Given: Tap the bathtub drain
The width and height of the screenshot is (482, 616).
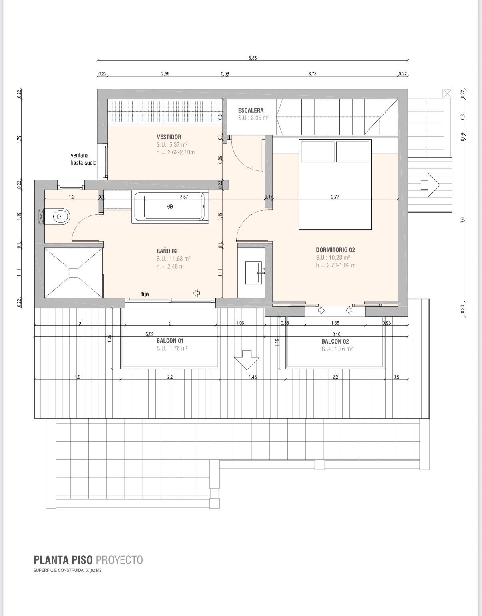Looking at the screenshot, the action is click(170, 207).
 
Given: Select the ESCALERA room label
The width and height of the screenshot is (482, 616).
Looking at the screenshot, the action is click(251, 110).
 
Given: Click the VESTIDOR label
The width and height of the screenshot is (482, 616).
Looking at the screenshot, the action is click(169, 137).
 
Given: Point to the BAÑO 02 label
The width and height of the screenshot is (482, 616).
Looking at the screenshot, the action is click(167, 251).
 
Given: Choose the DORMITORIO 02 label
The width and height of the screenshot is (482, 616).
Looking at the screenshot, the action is click(335, 250).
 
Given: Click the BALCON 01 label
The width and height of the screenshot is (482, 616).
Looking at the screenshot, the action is click(170, 341).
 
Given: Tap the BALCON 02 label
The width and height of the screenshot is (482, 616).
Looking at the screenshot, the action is click(335, 341).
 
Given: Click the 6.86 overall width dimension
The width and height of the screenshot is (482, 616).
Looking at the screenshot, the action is click(252, 58).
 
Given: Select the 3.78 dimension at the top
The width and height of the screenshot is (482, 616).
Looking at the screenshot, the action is click(312, 74).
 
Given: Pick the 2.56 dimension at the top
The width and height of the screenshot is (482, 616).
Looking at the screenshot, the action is click(165, 74).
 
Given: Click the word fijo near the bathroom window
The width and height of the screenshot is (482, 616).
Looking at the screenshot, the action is click(145, 294).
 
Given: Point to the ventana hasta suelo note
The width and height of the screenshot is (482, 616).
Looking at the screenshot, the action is click(84, 159).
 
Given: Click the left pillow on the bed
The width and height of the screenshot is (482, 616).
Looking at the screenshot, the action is click(317, 152).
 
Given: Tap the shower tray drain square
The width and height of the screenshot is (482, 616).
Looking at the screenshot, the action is click(74, 273).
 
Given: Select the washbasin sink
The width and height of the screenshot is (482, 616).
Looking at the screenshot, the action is click(253, 273).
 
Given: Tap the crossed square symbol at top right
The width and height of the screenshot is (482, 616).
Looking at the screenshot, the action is click(447, 93).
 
